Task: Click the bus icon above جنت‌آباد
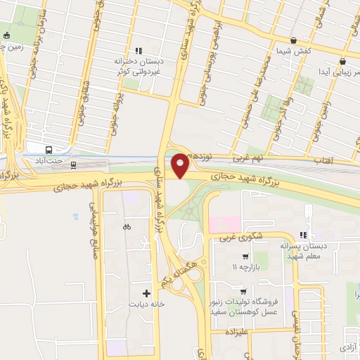[x=49, y=150]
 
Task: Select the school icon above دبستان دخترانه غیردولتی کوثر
[x=139, y=51]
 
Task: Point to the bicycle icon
[x=127, y=226]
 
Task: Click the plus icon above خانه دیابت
[x=146, y=293]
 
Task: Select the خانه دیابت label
[x=147, y=304]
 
